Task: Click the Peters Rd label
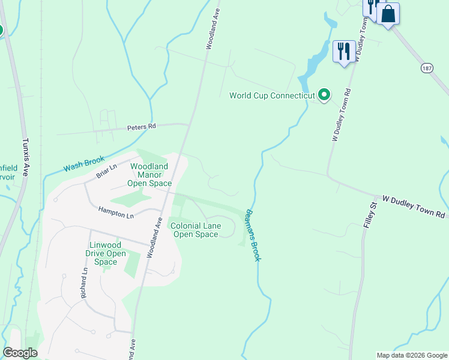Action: [x=141, y=127]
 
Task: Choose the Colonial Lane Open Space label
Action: [x=196, y=230]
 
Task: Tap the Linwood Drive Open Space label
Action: [x=106, y=253]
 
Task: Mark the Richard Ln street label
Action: [x=84, y=283]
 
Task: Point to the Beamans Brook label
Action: [x=252, y=235]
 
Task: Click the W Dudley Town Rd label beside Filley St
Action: [x=414, y=206]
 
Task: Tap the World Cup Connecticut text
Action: [x=272, y=95]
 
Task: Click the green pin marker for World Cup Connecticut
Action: [x=324, y=94]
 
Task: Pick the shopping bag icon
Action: [x=388, y=14]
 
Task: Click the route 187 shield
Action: [x=427, y=68]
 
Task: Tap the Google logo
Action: [x=20, y=353]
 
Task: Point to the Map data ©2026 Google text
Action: [x=412, y=355]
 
